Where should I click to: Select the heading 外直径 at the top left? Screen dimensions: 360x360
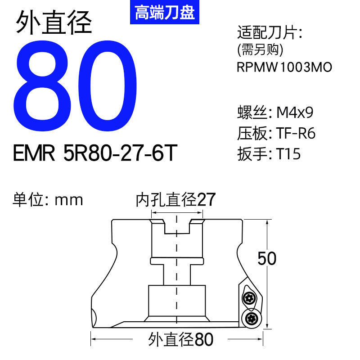[54, 22]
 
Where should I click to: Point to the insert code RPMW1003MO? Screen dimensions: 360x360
[284, 67]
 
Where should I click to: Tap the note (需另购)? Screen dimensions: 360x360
[260, 49]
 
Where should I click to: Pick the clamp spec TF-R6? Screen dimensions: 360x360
[296, 133]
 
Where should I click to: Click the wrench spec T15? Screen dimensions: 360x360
[288, 154]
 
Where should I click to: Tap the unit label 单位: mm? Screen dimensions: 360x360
[48, 199]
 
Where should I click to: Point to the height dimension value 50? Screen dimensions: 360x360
[266, 259]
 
